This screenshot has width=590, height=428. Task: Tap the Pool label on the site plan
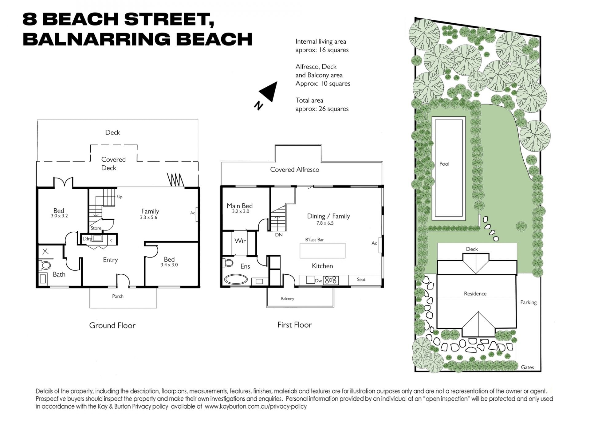pyautogui.click(x=444, y=164)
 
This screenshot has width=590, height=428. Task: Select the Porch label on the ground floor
pyautogui.click(x=118, y=296)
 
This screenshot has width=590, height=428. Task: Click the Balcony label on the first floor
pyautogui.click(x=288, y=299)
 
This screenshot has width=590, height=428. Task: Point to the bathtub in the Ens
pyautogui.click(x=236, y=279)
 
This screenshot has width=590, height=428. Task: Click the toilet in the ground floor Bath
pyautogui.click(x=45, y=265)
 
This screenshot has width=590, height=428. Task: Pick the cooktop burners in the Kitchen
pyautogui.click(x=331, y=280)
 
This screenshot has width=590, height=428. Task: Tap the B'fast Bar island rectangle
pyautogui.click(x=322, y=250)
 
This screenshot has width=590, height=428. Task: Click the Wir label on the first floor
pyautogui.click(x=240, y=241)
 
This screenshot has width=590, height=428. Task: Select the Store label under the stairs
pyautogui.click(x=96, y=228)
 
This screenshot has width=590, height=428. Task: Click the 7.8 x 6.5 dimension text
pyautogui.click(x=325, y=223)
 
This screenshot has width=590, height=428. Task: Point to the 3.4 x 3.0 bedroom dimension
pyautogui.click(x=169, y=265)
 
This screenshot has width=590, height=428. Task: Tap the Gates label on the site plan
pyautogui.click(x=527, y=367)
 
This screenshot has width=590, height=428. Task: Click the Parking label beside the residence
pyautogui.click(x=528, y=302)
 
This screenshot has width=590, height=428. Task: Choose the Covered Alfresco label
pyautogui.click(x=294, y=170)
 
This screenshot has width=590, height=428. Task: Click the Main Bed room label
pyautogui.click(x=239, y=206)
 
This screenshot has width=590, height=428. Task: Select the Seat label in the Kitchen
pyautogui.click(x=361, y=280)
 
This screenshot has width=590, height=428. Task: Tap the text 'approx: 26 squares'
pyautogui.click(x=322, y=109)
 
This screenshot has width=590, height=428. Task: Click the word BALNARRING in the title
pyautogui.click(x=96, y=39)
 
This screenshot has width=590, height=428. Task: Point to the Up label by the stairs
pyautogui.click(x=120, y=197)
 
